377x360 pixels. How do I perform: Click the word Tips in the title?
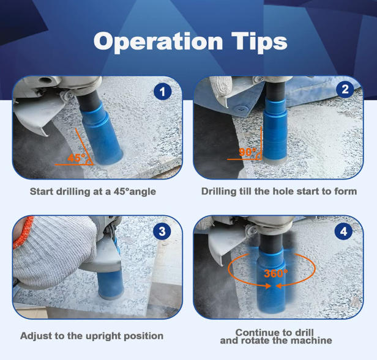(258, 42)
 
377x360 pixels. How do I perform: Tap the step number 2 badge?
(345, 90)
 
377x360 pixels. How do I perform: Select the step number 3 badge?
(162, 231)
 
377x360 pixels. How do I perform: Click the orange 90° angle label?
(248, 151)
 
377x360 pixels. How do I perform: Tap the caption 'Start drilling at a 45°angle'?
(93, 191)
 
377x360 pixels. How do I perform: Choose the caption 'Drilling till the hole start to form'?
(278, 191)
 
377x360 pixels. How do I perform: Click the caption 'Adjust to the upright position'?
(92, 336)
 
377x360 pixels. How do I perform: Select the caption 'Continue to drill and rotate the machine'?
(276, 336)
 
